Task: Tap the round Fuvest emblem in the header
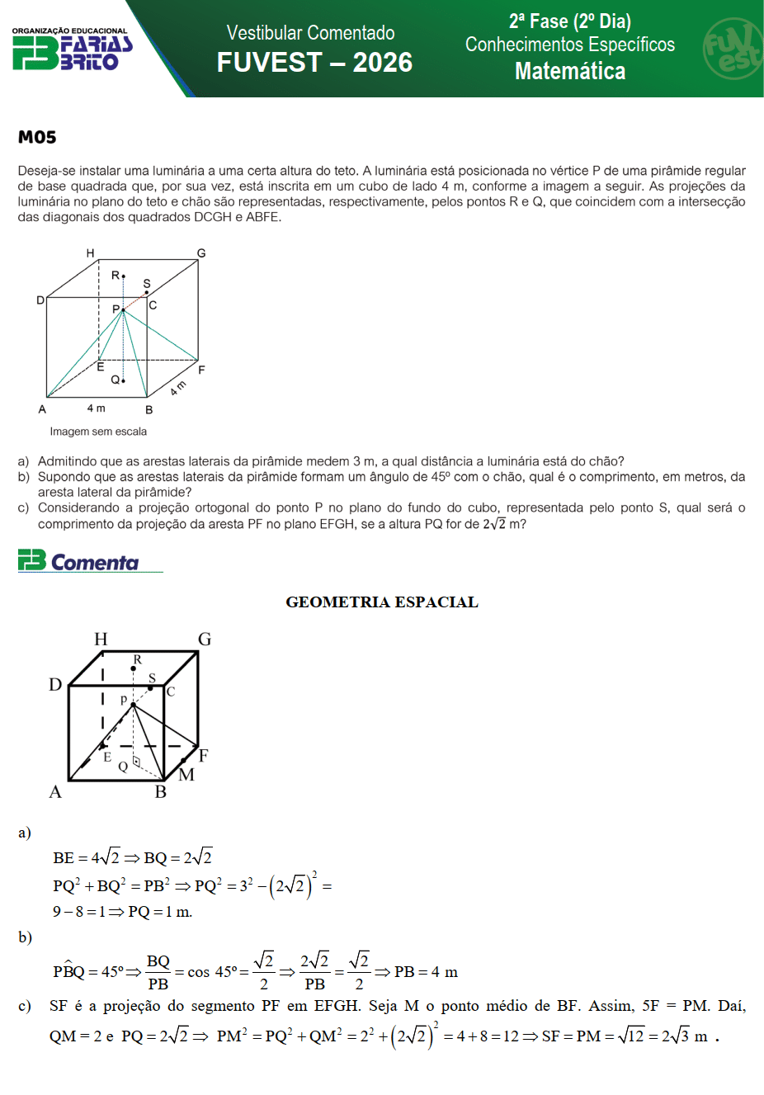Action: [x=732, y=49]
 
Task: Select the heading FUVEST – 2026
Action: [x=314, y=63]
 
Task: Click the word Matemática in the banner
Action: [x=570, y=72]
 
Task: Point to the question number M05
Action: [x=37, y=138]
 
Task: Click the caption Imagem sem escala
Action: [x=98, y=432]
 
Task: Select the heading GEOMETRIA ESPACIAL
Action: [x=382, y=602]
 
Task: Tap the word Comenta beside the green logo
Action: [x=95, y=563]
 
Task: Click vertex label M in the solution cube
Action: [x=186, y=775]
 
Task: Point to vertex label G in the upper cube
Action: [x=201, y=253]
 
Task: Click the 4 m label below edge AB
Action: [x=97, y=408]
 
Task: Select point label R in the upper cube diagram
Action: [x=116, y=275]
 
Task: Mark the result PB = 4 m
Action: [x=426, y=972]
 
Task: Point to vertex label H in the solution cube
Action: [x=101, y=640]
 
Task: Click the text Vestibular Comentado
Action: [x=311, y=33]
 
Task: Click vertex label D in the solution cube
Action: [x=55, y=685]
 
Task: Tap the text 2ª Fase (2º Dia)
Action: [x=570, y=21]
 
